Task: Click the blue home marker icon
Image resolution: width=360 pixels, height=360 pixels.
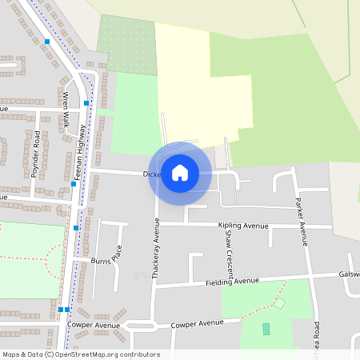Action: point(180,173)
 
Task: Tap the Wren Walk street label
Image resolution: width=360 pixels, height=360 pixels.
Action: point(66,110)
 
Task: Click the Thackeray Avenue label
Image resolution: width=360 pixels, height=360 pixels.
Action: point(157,249)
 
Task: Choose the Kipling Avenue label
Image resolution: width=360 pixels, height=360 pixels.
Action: point(242,226)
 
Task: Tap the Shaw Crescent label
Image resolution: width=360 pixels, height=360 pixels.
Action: point(228,258)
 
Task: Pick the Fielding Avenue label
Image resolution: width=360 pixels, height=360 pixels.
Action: point(232,282)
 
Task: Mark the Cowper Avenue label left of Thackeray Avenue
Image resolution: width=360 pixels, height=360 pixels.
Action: point(94,326)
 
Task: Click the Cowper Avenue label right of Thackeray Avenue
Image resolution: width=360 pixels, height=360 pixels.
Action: point(198,323)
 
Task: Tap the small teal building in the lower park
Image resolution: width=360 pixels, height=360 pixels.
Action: point(266,329)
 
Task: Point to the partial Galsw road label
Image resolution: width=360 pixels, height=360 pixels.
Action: point(349,274)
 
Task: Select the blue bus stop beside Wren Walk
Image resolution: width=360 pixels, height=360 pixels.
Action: point(86,103)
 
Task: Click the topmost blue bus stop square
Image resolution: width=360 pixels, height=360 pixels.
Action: point(47,42)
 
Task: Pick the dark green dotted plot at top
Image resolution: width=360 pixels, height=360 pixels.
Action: point(126,44)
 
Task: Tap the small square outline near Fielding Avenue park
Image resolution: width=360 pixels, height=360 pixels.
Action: point(280,303)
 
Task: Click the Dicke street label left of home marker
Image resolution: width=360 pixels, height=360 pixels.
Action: point(151,174)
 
